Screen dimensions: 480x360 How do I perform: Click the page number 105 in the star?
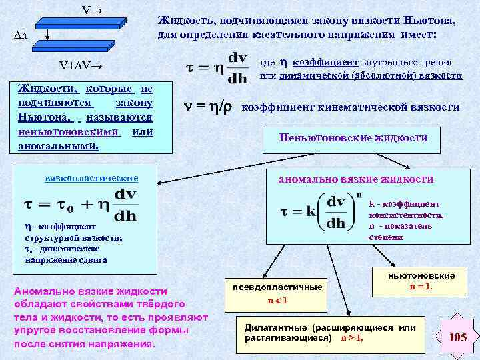(457, 337)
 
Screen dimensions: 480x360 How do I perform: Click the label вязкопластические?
(91, 178)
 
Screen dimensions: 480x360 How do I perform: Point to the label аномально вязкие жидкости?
(355, 179)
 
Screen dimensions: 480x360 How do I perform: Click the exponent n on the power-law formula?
(358, 195)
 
